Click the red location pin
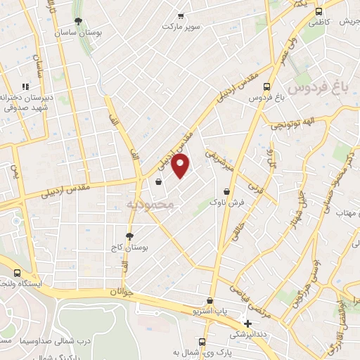[x=181, y=166]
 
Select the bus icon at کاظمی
[x=320, y=12]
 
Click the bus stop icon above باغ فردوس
[x=266, y=86]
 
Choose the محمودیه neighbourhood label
[x=150, y=204]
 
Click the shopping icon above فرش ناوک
[x=226, y=191]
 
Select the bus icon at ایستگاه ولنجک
[x=17, y=274]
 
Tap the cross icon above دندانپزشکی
[x=247, y=324]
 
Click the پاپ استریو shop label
[x=212, y=310]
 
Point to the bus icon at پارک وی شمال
[x=202, y=342]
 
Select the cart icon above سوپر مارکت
[x=181, y=15]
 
